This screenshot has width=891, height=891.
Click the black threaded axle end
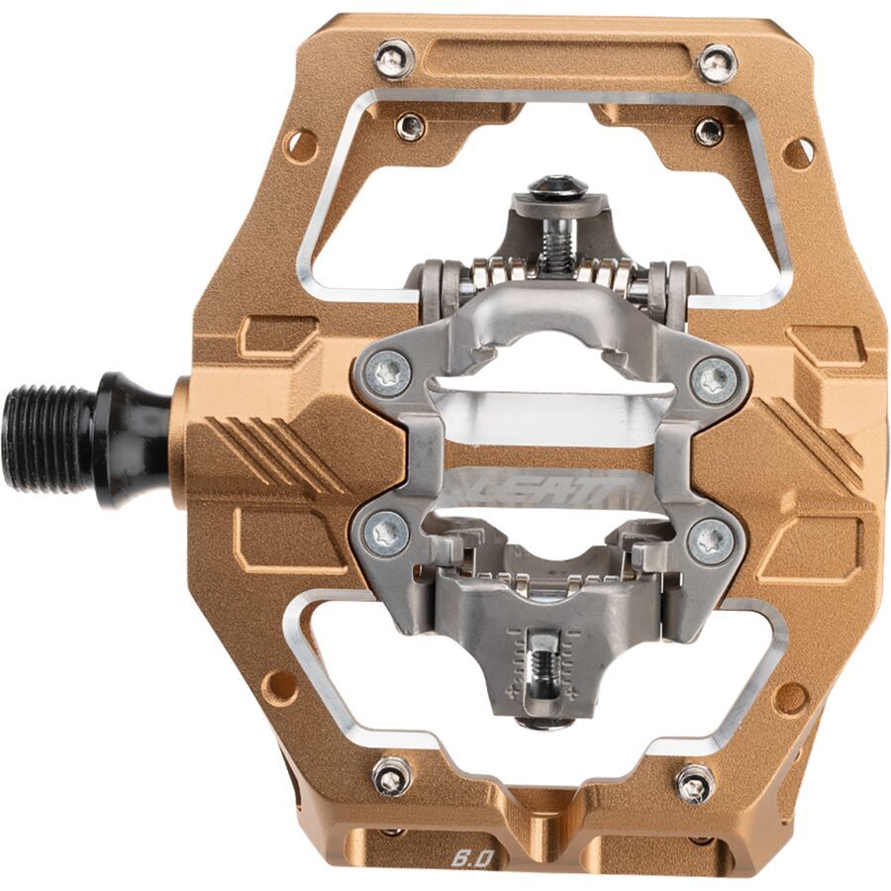point(49,438)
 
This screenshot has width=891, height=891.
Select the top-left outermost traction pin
point(394,59)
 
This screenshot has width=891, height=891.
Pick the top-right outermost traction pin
point(717,63)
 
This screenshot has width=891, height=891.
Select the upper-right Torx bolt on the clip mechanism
point(714,379)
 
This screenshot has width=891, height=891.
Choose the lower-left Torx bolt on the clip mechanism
point(389,534)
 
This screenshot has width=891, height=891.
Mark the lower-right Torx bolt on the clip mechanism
point(712,541)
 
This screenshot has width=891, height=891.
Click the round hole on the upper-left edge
point(300,146)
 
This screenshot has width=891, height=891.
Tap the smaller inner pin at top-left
point(410,127)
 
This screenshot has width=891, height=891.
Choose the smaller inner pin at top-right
point(708,132)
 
